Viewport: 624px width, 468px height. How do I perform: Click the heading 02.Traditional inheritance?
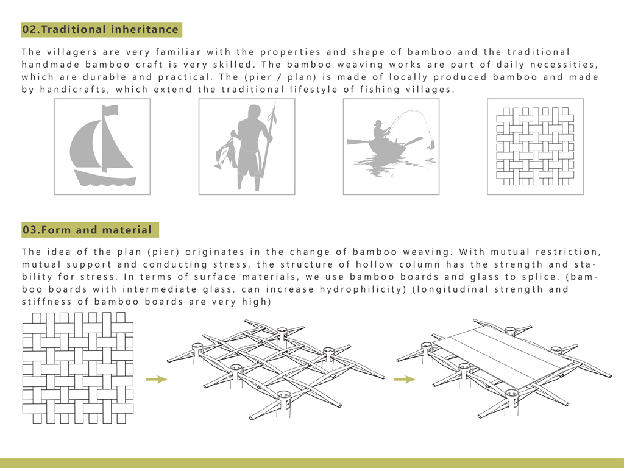pos(101,29)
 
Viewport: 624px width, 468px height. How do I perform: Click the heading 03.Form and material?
pos(87,230)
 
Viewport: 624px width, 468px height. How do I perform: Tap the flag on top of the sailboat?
pos(110,111)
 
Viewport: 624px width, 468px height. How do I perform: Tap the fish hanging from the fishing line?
pos(431,144)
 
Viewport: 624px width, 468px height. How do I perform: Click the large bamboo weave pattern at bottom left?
pos(77,367)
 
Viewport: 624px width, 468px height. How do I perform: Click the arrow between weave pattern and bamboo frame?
pos(157,379)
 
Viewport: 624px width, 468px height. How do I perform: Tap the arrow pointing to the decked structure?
pos(404,379)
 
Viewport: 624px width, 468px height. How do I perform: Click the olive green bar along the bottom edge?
pos(312,463)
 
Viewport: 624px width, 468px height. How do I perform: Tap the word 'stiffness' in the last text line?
pos(45,302)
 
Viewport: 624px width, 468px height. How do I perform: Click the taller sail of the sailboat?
pos(87,146)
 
